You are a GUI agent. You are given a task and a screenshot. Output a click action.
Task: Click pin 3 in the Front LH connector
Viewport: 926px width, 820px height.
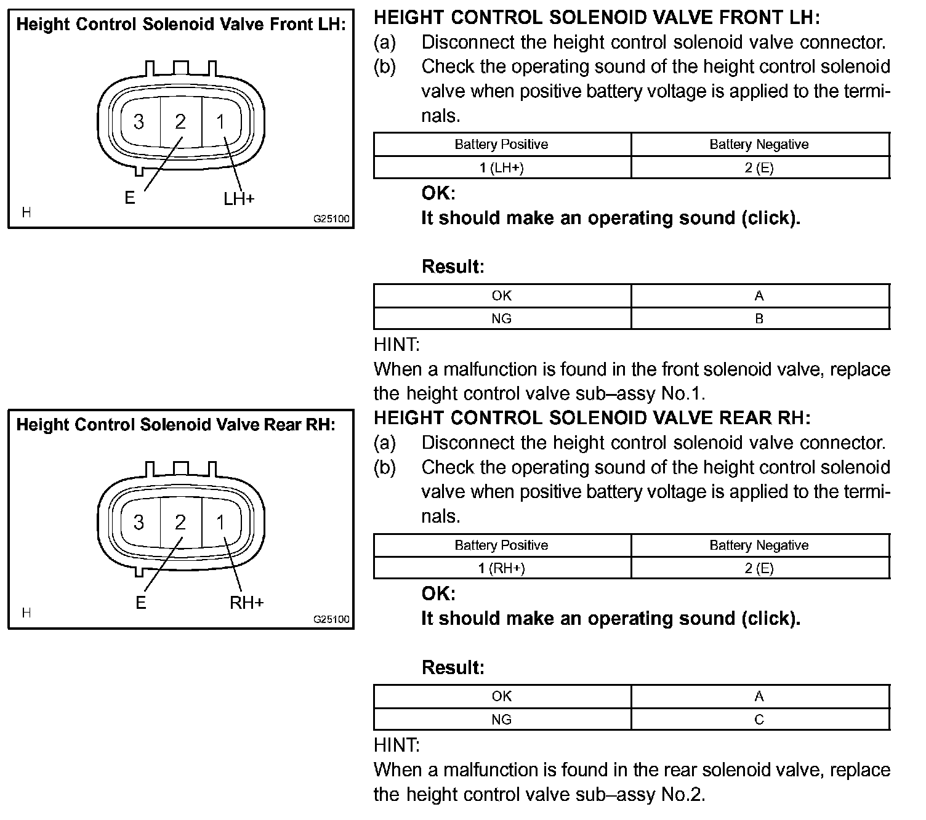coord(139,122)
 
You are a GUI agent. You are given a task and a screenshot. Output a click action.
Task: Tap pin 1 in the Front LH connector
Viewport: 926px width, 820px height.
coord(220,122)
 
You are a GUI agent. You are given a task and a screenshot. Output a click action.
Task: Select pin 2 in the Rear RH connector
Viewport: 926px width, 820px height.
coord(180,523)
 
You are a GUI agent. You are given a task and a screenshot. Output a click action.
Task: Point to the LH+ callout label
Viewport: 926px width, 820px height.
coord(239,198)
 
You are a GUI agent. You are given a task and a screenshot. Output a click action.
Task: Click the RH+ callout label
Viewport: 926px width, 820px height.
coord(246,602)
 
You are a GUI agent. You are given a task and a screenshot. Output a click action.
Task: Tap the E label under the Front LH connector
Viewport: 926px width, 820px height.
coord(129,198)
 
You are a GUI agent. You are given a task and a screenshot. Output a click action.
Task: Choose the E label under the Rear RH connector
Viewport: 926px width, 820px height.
coord(141,602)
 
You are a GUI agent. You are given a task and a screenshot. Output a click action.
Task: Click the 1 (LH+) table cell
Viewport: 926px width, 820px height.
coord(502,167)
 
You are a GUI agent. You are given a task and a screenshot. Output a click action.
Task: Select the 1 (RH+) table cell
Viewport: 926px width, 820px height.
coord(502,568)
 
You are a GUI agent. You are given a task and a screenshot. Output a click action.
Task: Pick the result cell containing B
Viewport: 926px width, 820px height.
coord(759,319)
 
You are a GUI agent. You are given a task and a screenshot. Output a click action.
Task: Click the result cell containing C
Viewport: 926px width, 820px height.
coord(759,720)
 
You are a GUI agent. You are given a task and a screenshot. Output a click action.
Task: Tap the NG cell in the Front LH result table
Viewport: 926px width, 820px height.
coord(502,319)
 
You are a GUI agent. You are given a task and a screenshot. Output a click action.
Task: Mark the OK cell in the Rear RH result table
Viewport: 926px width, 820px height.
coord(502,696)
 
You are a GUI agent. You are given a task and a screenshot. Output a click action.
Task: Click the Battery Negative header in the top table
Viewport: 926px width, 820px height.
coord(759,145)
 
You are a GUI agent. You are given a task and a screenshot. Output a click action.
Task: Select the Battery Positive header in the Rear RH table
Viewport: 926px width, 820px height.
coord(502,545)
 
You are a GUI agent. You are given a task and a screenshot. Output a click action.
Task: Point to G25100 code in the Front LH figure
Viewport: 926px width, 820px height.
coord(331,219)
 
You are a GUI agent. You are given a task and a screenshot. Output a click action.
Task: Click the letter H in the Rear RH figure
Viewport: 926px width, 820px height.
coord(26,613)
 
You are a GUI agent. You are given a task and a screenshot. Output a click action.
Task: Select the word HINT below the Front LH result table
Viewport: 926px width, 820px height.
coord(397,345)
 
